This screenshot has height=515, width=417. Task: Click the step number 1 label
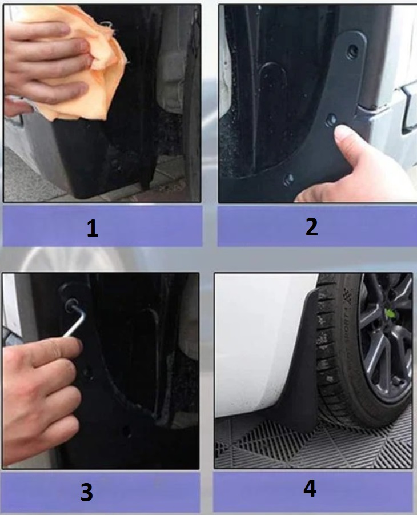93,228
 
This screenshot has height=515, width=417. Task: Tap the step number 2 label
311,227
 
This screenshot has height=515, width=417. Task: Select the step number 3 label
87,492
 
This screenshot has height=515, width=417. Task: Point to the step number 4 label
310,488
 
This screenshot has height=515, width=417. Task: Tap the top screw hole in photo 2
353,50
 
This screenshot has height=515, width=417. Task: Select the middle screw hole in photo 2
331,120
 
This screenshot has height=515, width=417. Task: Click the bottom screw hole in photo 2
288,179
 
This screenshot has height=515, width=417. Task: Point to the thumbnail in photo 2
343,134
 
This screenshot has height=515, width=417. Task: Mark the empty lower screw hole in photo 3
126,430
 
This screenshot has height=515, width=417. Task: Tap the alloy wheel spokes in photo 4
387,342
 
